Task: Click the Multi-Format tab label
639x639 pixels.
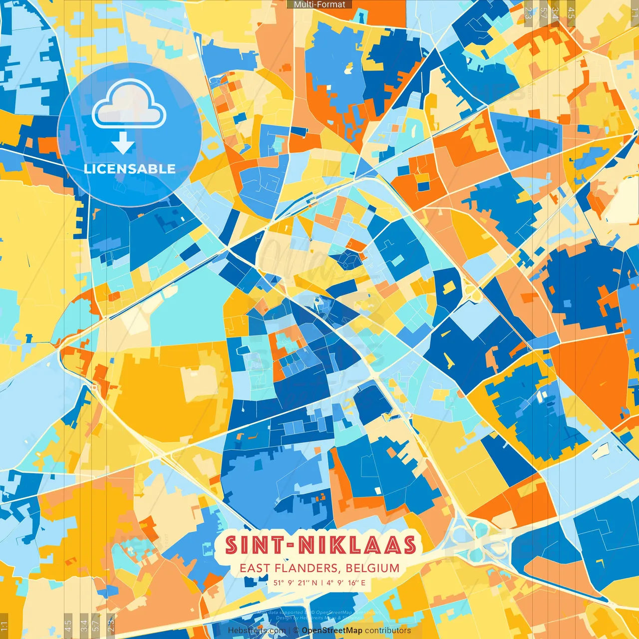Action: click(x=319, y=4)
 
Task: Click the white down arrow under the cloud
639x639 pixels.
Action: click(x=123, y=144)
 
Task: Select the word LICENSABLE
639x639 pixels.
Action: click(x=130, y=169)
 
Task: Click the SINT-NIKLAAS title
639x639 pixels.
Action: click(x=320, y=545)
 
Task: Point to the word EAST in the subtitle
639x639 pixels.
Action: click(x=255, y=568)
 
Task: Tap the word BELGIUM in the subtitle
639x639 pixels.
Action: click(x=372, y=568)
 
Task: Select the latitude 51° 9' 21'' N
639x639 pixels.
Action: click(x=295, y=583)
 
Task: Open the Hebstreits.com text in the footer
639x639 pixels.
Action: click(x=257, y=631)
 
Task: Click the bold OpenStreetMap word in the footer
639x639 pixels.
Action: click(x=332, y=631)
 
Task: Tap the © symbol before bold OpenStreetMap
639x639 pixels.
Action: click(x=296, y=631)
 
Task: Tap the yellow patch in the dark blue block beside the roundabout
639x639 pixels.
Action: click(x=450, y=287)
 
